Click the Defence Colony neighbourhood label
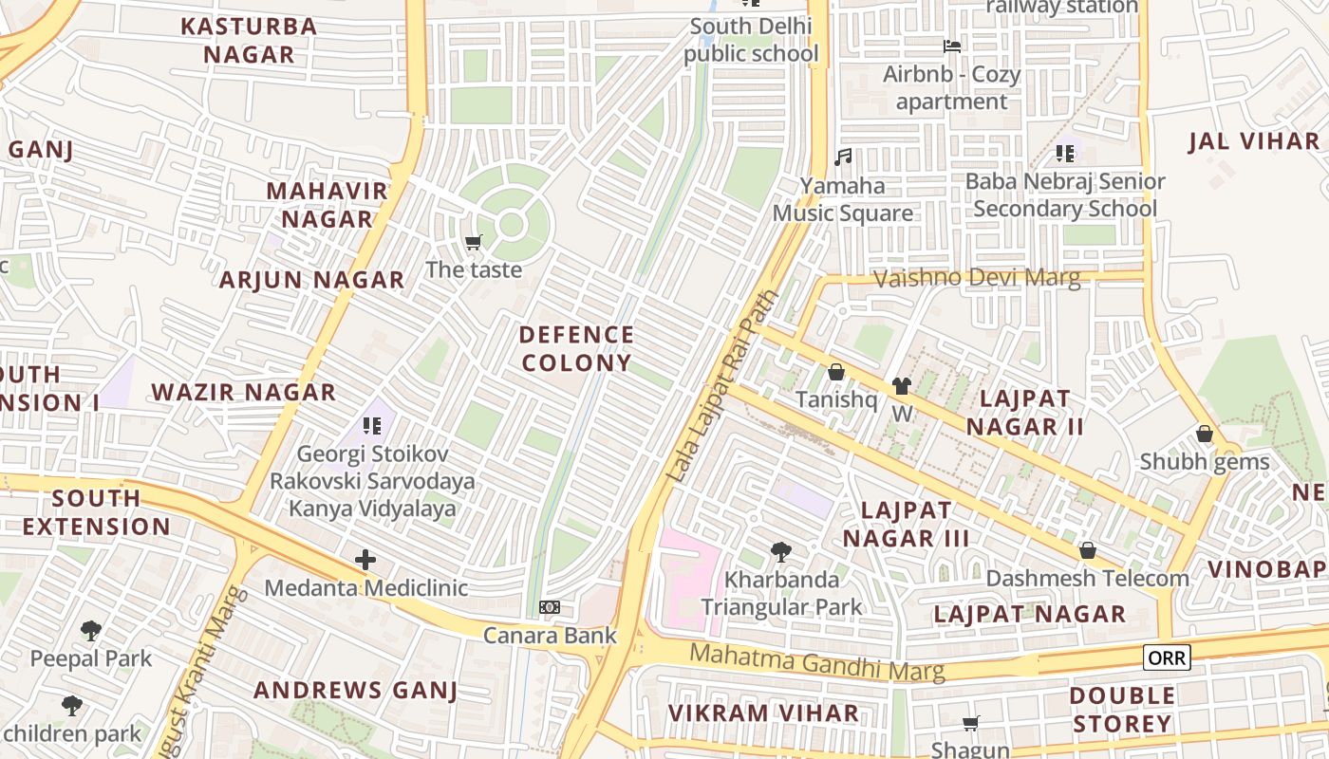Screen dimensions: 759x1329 (576, 348)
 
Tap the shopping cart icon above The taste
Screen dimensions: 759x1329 (474, 243)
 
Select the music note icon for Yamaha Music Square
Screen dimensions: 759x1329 (843, 157)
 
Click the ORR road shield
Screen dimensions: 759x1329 (1167, 657)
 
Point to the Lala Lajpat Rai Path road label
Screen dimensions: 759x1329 (723, 386)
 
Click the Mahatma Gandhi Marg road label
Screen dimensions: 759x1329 (817, 662)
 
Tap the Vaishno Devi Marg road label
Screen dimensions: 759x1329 (976, 278)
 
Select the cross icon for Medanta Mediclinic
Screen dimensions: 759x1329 (365, 560)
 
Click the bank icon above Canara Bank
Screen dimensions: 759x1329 (550, 607)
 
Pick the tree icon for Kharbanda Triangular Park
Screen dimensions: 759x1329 (781, 551)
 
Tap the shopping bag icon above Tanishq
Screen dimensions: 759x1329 (836, 372)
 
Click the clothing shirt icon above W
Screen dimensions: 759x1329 (901, 386)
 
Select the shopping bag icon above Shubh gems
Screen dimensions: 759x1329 (1205, 434)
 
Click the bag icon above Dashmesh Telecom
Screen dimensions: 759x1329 (1088, 550)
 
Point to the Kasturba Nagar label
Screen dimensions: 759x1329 (249, 40)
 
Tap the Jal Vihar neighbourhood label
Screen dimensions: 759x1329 (1254, 141)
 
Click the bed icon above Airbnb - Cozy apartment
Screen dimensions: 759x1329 (951, 46)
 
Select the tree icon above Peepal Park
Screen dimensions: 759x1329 (91, 630)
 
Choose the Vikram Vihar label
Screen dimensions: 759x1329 (763, 713)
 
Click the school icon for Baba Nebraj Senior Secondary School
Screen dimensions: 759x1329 (1065, 153)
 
